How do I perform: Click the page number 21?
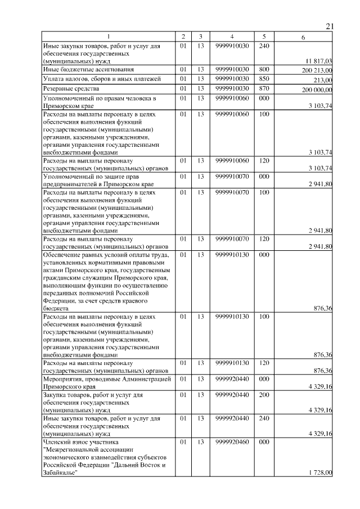click(330, 26)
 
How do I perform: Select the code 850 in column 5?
click(264, 79)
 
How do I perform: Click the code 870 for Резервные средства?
click(264, 88)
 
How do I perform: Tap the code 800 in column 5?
click(264, 69)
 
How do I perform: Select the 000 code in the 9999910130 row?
click(264, 255)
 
